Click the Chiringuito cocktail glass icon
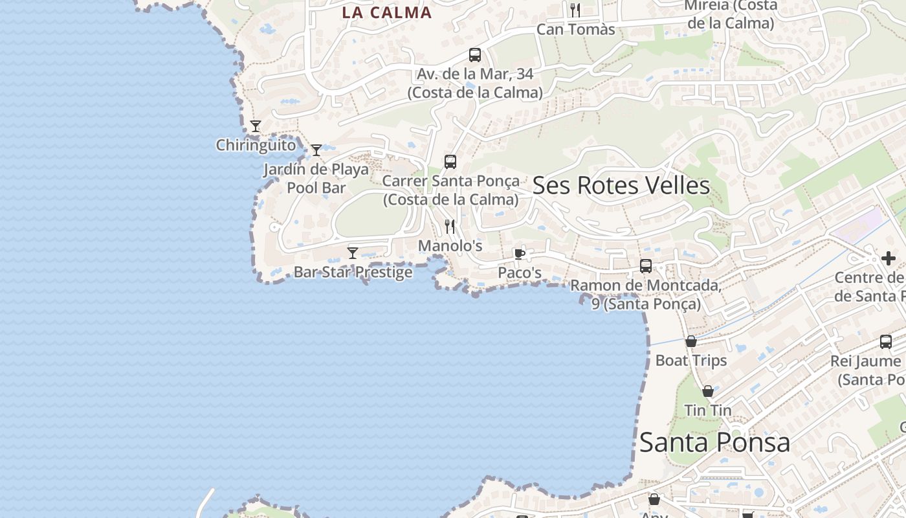pos(256,126)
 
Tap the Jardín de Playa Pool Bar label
pos(316,179)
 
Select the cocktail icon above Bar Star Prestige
pos(353,253)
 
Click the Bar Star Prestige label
pos(353,272)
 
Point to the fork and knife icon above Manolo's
pos(450,227)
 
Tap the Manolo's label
pos(450,246)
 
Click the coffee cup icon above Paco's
pos(519,253)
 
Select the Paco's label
pos(519,273)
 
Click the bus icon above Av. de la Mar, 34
pos(475,55)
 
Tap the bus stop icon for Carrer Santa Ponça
pos(450,162)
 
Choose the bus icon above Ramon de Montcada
pos(646,266)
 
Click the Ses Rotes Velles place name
pos(621,186)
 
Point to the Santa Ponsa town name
pos(714,443)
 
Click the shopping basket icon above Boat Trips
pos(691,341)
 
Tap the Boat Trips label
pos(691,361)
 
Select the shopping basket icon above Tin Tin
pos(708,391)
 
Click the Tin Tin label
pos(708,411)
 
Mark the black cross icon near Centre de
pos(889,258)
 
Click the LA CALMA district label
pos(386,12)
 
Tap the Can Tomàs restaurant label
pos(575,29)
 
